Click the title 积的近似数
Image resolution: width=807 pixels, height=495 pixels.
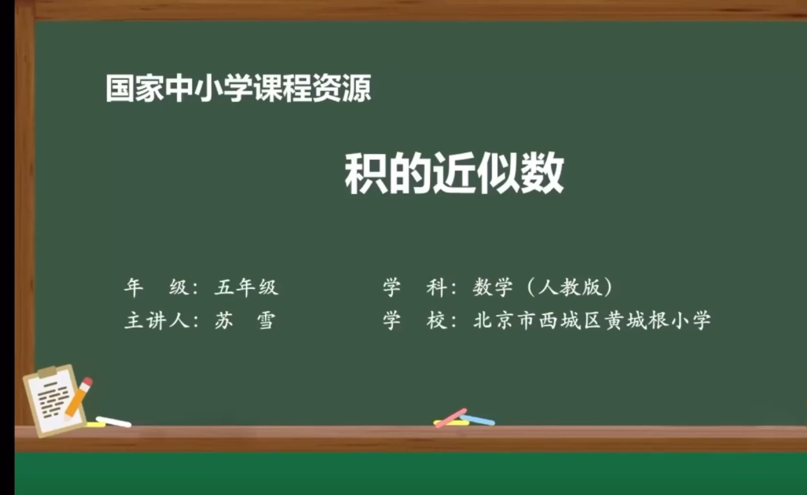[x=454, y=173]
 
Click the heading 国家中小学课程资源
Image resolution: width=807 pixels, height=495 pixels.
[x=238, y=88]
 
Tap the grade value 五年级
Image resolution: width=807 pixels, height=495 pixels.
[x=246, y=287]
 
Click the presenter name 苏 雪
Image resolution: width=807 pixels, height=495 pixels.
[x=244, y=320]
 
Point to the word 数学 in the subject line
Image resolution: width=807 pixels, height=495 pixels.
[x=493, y=287]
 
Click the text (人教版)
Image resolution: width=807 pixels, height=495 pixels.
[x=569, y=287]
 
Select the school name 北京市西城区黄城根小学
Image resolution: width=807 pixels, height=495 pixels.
[x=592, y=320]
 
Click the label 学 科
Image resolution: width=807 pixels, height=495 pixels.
[x=415, y=287]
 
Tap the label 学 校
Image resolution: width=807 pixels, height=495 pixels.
[x=415, y=320]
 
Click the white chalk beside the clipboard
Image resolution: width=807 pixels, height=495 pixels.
[x=113, y=422]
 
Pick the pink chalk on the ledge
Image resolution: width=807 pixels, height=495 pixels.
[x=451, y=418]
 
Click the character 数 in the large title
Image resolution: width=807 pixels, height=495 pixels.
[x=542, y=173]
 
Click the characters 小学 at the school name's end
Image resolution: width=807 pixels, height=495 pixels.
[x=691, y=320]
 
